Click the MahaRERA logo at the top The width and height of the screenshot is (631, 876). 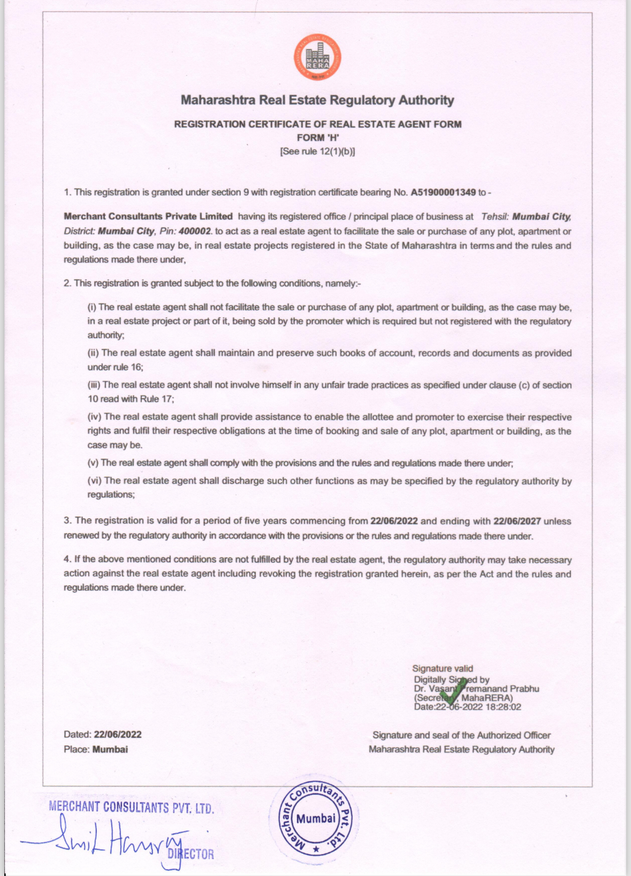[x=317, y=57]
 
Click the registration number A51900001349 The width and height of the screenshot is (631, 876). [x=443, y=192]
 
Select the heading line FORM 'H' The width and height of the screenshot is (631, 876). [x=318, y=138]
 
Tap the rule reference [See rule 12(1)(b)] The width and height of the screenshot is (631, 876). [x=317, y=151]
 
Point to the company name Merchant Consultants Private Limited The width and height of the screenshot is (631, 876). [x=148, y=216]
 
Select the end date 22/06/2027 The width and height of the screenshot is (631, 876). [x=517, y=521]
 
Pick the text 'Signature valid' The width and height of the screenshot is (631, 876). [x=443, y=669]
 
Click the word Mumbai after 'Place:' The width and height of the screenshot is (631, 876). [x=110, y=750]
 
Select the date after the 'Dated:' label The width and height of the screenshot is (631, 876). [x=118, y=735]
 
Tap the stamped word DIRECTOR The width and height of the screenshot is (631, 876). [x=192, y=854]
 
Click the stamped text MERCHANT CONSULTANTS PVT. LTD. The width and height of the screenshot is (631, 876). [x=131, y=807]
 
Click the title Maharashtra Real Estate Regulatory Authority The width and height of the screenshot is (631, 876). [x=317, y=100]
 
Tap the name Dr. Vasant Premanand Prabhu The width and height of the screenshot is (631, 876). [x=476, y=688]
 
